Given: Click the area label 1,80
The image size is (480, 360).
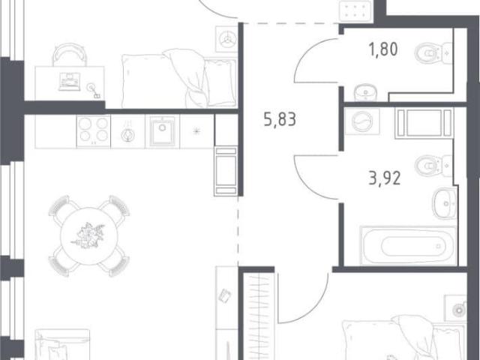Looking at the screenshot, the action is click(x=384, y=49).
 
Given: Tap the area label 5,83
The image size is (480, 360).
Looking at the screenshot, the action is click(x=280, y=119).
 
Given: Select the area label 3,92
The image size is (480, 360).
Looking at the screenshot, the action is click(x=385, y=178).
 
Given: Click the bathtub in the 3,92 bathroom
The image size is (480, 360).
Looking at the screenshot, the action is click(x=409, y=245).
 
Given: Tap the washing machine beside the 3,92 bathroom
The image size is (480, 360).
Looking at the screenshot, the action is click(x=362, y=121).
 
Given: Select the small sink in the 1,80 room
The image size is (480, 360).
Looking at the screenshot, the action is click(x=365, y=91).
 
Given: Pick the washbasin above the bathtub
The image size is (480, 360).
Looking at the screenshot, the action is click(x=445, y=203).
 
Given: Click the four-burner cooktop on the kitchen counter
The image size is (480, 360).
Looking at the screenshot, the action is click(x=93, y=131).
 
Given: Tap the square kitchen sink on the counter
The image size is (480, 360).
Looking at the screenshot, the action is click(x=162, y=131).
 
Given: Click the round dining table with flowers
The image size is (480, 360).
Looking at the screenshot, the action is click(x=89, y=236).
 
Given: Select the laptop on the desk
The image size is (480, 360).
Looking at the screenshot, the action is click(x=70, y=82).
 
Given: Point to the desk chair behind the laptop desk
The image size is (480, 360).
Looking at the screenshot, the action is click(x=70, y=55).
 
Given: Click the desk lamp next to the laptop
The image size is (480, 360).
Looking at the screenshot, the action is click(x=94, y=91).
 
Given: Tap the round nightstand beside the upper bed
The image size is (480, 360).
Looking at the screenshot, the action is click(x=226, y=39).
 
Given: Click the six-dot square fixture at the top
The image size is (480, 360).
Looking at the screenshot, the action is click(x=355, y=10).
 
